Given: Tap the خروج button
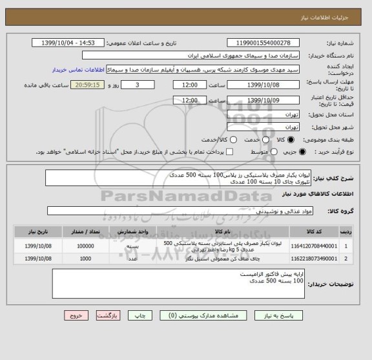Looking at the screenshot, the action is [x=77, y=316].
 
